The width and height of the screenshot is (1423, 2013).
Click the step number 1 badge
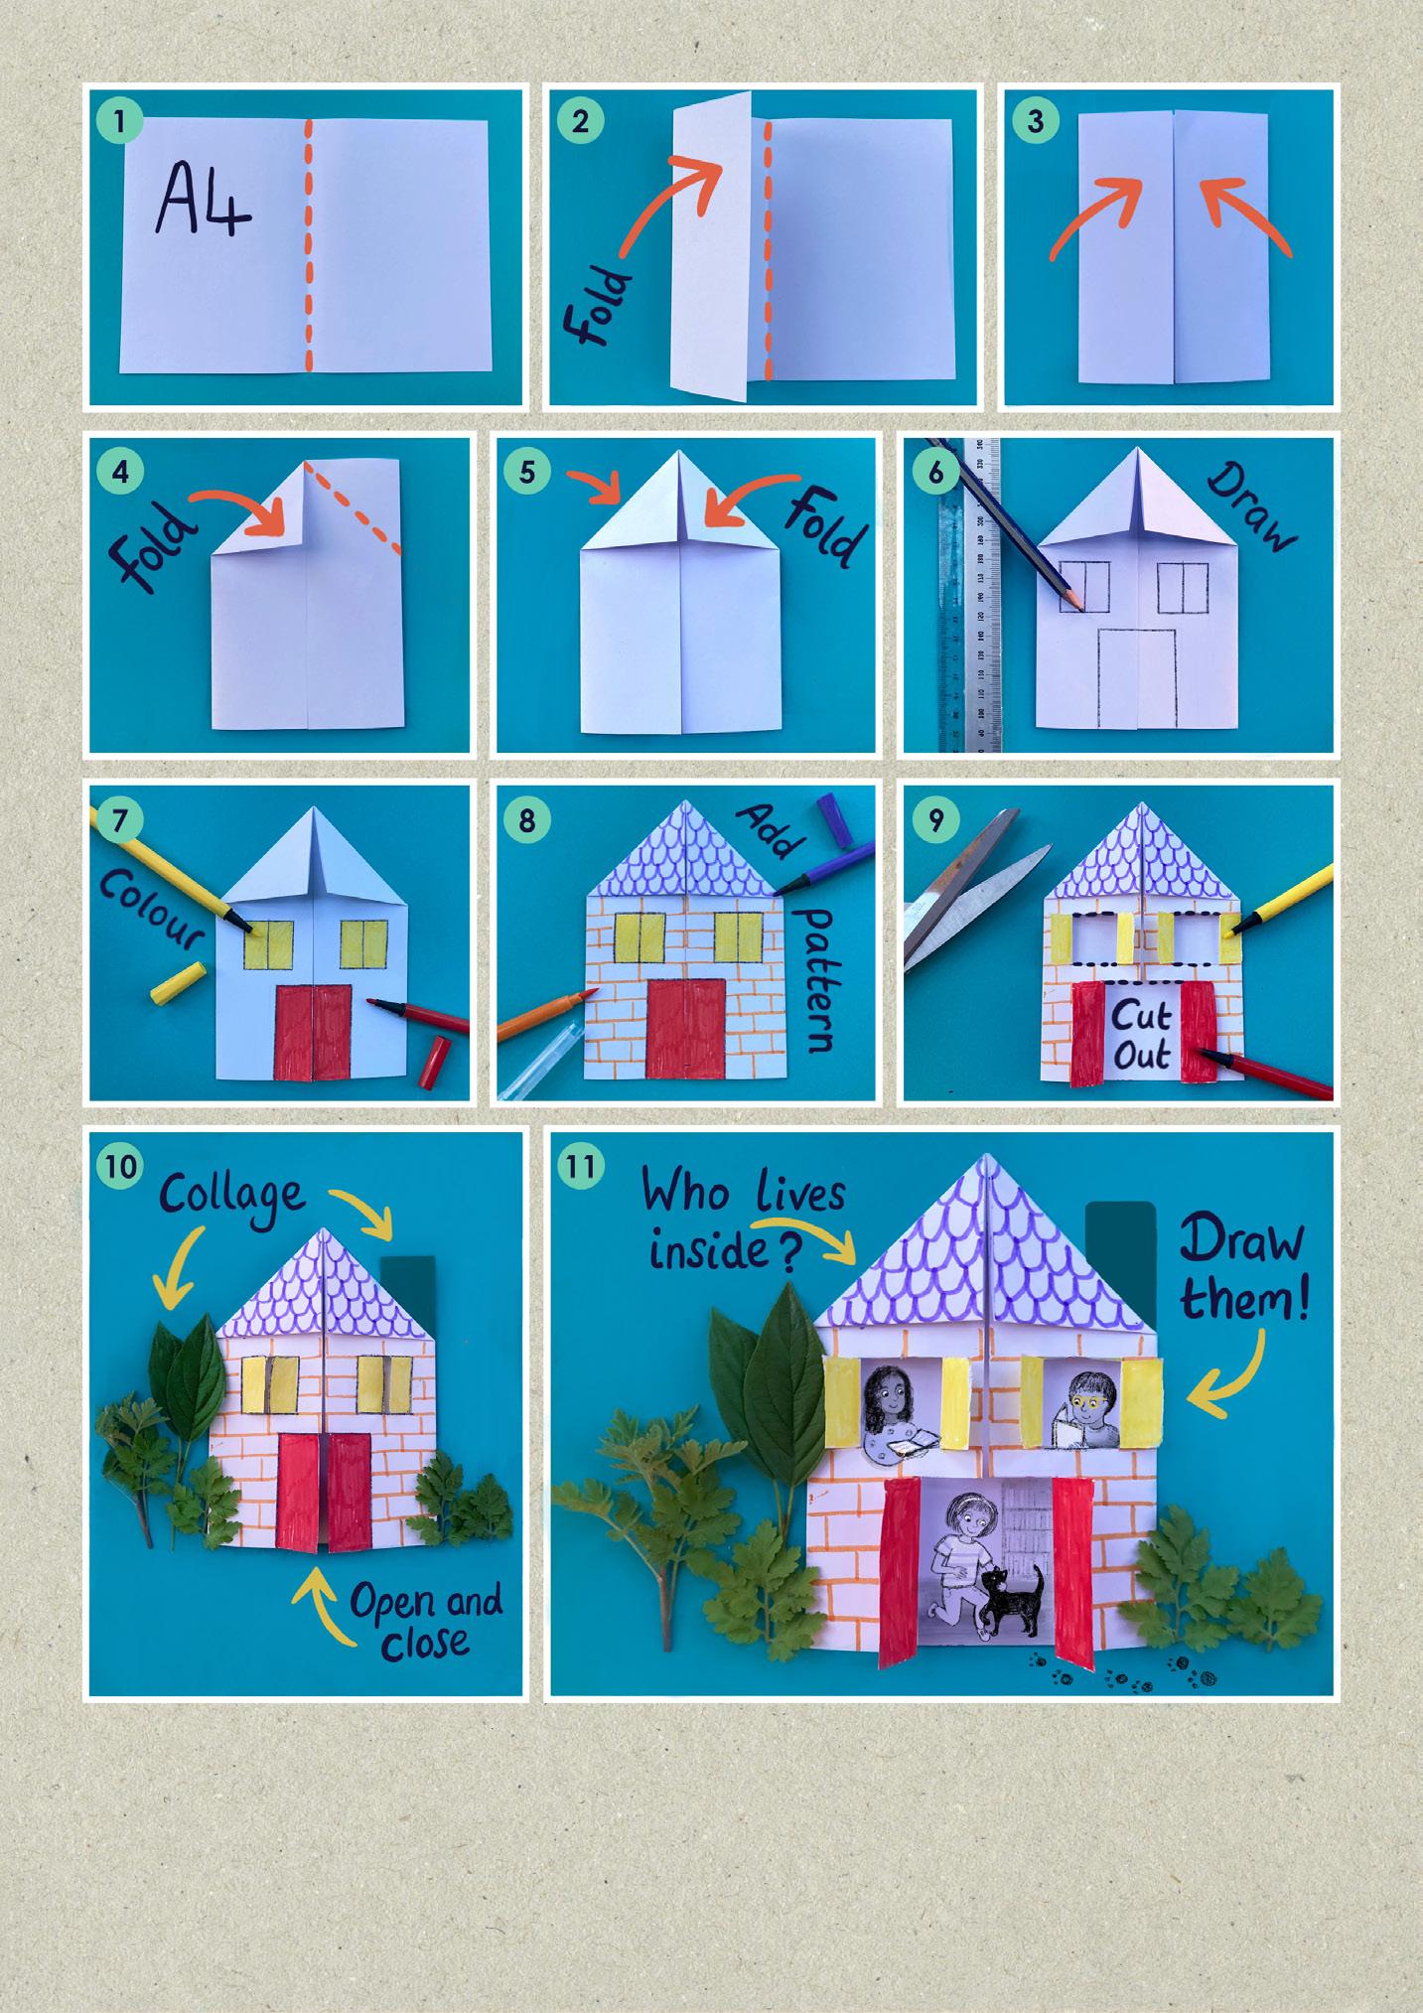pos(120,123)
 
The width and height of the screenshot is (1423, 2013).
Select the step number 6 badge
pos(935,473)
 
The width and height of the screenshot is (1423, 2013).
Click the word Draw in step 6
pos(1252,506)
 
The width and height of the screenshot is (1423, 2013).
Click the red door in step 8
pos(685,1027)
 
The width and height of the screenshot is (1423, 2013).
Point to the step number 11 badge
pos(581,1165)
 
